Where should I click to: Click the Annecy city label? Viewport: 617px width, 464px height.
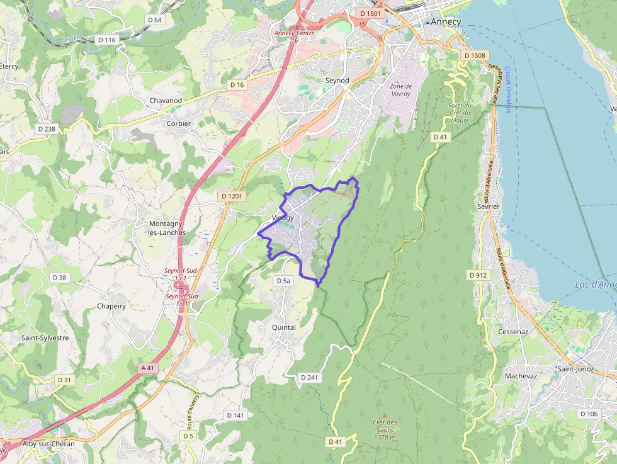click(x=446, y=21)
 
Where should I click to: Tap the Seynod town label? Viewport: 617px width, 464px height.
click(x=337, y=81)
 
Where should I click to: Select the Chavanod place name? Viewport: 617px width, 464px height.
click(x=166, y=101)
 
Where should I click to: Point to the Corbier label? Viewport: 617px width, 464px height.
click(x=179, y=123)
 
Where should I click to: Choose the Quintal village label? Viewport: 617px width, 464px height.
click(x=283, y=327)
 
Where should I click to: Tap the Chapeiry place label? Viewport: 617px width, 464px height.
click(x=111, y=306)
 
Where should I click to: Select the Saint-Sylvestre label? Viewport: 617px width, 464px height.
click(x=45, y=337)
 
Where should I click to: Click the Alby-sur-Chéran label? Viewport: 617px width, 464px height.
click(x=48, y=444)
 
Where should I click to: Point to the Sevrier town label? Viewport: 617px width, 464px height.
click(x=489, y=206)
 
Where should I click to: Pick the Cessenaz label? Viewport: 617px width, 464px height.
click(x=512, y=331)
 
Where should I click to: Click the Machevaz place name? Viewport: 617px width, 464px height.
click(x=521, y=376)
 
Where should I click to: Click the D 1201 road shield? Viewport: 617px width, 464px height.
click(x=232, y=196)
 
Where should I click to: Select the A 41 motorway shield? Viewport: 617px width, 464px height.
click(x=147, y=368)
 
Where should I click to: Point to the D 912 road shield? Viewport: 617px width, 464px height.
click(x=478, y=275)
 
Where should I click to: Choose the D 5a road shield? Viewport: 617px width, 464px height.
click(x=283, y=280)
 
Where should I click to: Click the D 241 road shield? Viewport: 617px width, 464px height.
click(x=308, y=377)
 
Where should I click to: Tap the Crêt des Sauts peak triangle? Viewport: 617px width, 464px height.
click(x=385, y=415)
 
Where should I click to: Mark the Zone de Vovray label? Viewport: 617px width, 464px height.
click(x=400, y=90)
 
